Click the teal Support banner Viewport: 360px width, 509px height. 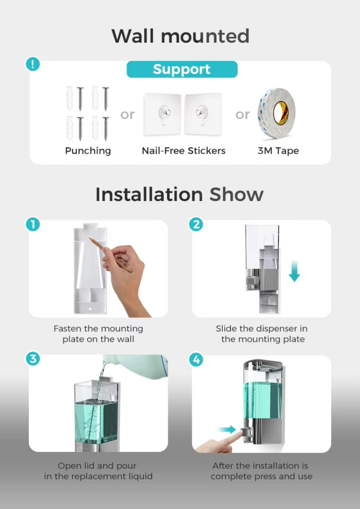click(182, 69)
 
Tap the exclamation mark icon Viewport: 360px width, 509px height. click(32, 64)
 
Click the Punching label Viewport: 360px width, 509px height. click(88, 151)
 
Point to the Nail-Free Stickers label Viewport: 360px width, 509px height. click(184, 151)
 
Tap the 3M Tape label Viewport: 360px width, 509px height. click(278, 151)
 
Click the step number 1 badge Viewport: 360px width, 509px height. click(32, 224)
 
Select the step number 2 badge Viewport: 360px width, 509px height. click(196, 224)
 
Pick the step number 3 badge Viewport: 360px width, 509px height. click(32, 359)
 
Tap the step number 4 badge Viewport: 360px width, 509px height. click(196, 359)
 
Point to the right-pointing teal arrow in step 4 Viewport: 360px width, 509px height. click(227, 429)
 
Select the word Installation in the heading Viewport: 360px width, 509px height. click(149, 194)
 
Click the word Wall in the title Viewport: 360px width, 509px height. click(133, 36)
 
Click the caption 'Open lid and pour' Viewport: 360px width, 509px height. click(97, 466)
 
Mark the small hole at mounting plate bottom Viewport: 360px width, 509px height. click(90, 309)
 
